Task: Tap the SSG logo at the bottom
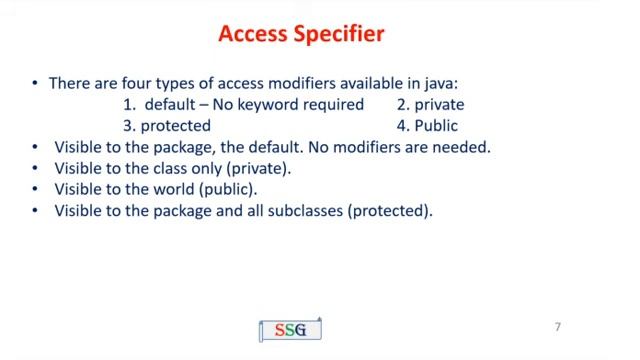coord(289,330)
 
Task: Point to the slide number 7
coord(558,327)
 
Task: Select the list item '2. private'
coord(430,104)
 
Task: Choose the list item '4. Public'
coord(428,126)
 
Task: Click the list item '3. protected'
coord(167,126)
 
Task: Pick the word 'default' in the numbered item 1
coord(171,104)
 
